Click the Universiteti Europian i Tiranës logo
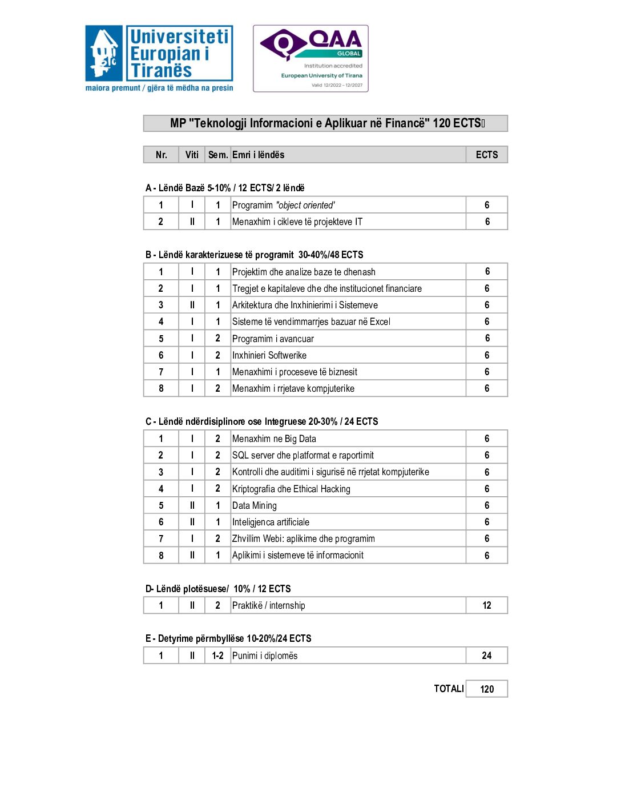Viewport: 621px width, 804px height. [x=159, y=58]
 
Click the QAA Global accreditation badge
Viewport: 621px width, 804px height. [x=310, y=58]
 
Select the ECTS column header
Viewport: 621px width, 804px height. [x=486, y=155]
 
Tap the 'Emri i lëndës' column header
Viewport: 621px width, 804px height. [x=258, y=155]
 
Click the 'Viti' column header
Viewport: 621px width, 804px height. [x=192, y=155]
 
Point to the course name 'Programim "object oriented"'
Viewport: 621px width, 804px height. [x=283, y=205]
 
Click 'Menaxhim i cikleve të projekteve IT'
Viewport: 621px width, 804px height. [x=297, y=222]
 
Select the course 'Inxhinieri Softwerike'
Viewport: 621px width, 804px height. [x=269, y=355]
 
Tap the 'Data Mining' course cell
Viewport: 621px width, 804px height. [x=254, y=505]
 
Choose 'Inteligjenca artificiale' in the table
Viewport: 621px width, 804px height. [x=271, y=522]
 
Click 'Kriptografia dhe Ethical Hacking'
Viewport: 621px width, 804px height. [x=291, y=489]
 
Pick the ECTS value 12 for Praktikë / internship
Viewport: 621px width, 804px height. [x=486, y=605]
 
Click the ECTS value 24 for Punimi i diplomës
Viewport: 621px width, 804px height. [x=486, y=656]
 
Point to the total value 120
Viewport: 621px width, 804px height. [x=486, y=689]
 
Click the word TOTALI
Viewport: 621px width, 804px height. [x=449, y=689]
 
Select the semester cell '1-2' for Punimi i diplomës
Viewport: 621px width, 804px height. [x=217, y=656]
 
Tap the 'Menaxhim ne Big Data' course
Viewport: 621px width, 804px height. [x=274, y=439]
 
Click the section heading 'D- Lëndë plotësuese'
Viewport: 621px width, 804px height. [x=217, y=589]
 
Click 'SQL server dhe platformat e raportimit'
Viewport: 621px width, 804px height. [x=303, y=455]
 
